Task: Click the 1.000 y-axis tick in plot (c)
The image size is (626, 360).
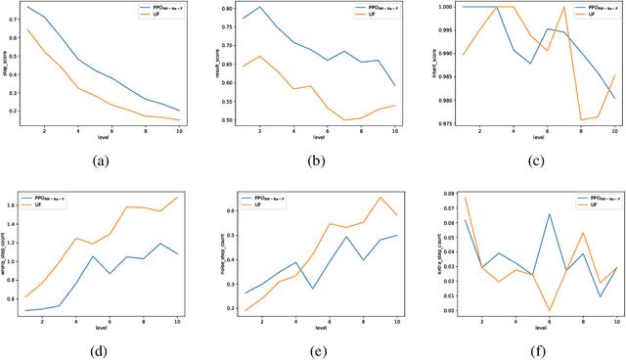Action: click(x=447, y=7)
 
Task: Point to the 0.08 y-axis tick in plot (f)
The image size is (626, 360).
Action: click(x=447, y=195)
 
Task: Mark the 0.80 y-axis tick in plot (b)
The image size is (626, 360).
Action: click(x=236, y=9)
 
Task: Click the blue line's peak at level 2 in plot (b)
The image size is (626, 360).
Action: click(x=259, y=7)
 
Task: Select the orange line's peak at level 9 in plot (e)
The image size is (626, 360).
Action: click(x=380, y=197)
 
